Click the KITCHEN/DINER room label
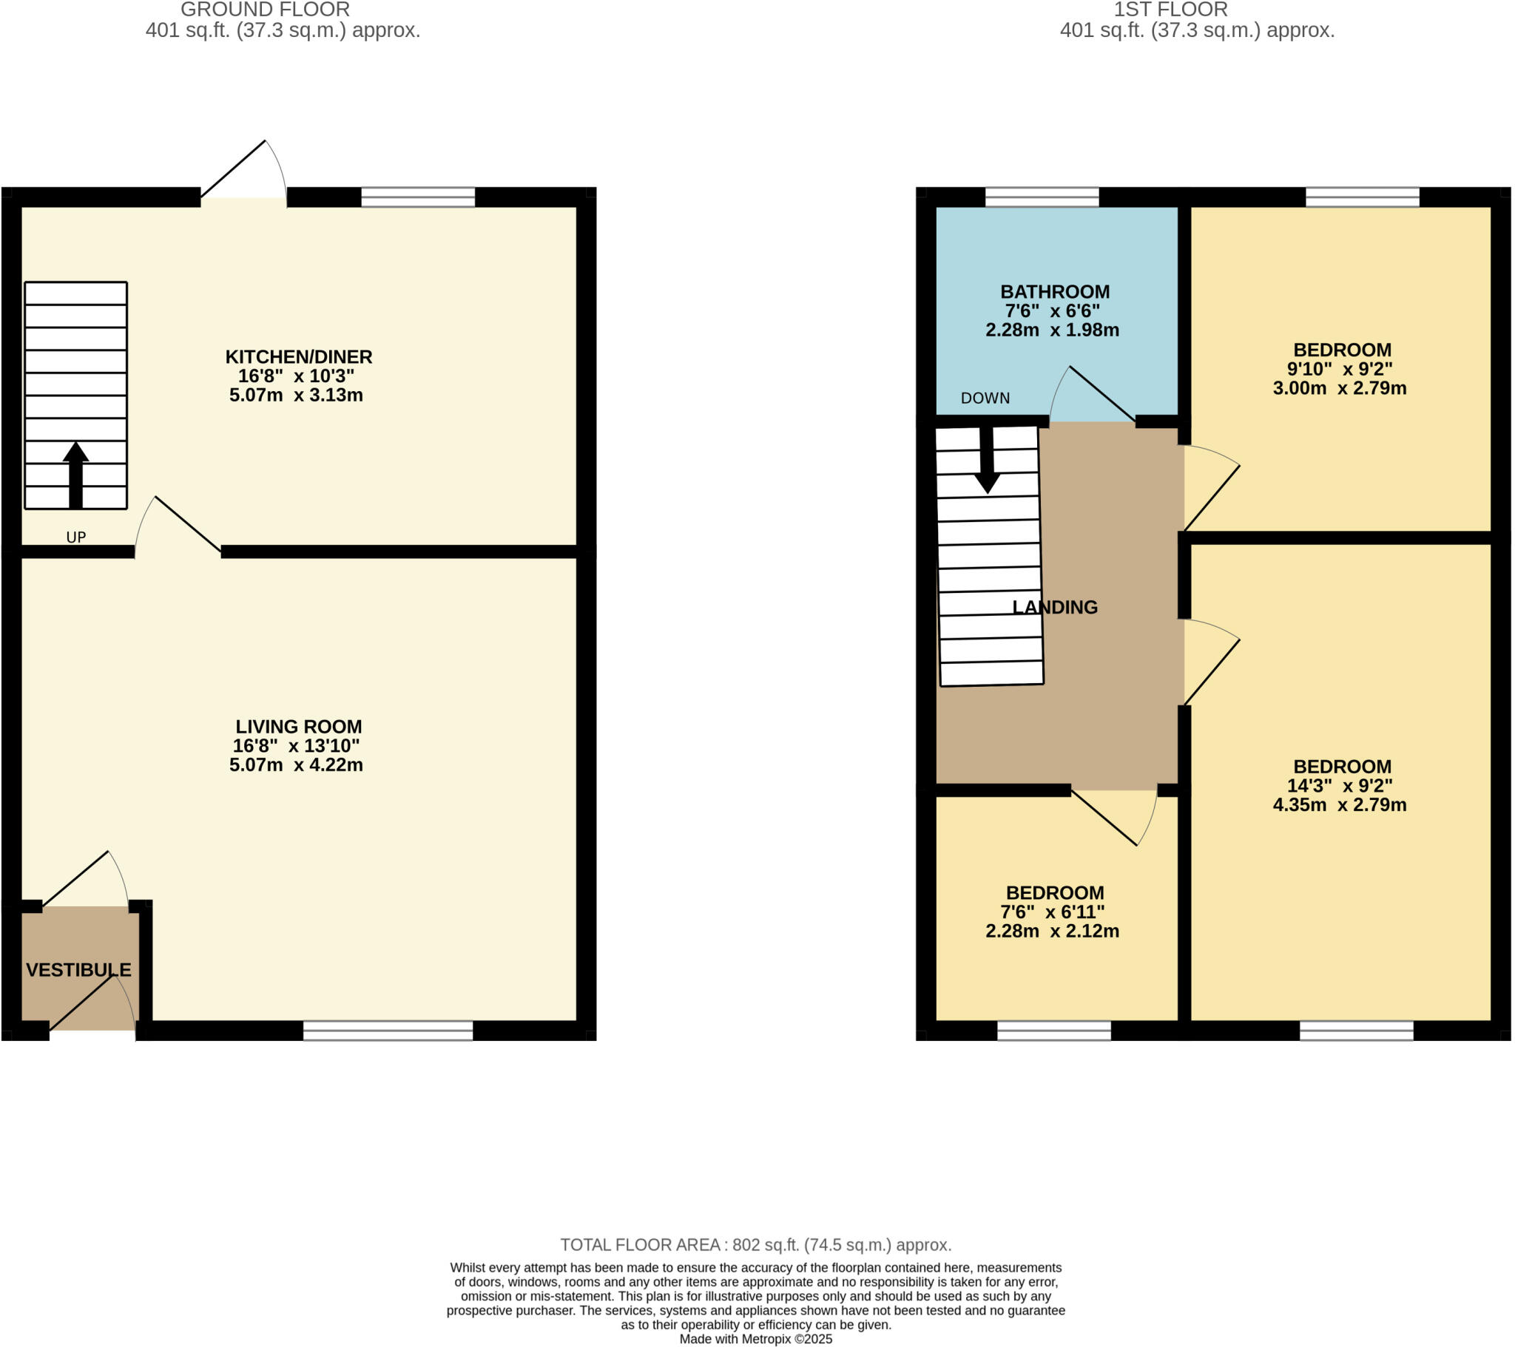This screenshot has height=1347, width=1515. [x=299, y=357]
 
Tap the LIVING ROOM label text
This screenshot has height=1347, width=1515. [x=299, y=727]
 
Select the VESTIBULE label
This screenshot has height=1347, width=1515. [x=78, y=970]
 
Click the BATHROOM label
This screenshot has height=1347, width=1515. [x=1055, y=292]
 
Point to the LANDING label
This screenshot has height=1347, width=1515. [x=1055, y=608]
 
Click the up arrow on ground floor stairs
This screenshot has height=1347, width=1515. [x=75, y=473]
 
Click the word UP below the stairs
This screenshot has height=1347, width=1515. [x=76, y=537]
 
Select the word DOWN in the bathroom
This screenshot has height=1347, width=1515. [x=985, y=398]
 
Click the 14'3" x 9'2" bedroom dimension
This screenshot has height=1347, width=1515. [x=1340, y=786]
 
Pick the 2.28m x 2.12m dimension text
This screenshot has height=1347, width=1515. [x=1052, y=932]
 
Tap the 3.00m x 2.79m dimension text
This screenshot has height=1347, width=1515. [x=1340, y=388]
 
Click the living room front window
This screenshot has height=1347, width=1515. [x=388, y=1031]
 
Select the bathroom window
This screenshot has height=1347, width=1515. [x=1042, y=197]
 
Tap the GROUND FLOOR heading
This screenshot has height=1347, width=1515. [x=266, y=10]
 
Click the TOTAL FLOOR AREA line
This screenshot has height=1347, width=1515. [x=755, y=1245]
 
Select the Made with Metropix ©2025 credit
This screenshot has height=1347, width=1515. [x=755, y=1339]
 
